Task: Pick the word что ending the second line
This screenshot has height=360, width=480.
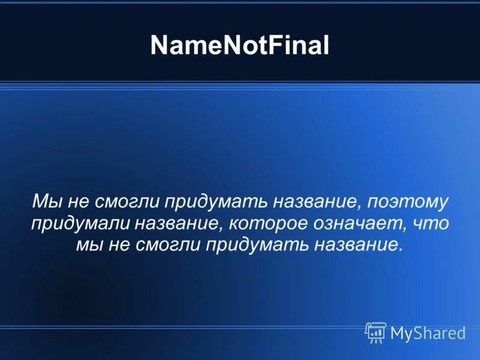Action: pos(431,224)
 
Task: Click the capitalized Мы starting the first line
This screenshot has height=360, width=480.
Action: pos(45,202)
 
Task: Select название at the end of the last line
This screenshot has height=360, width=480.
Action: pos(362,245)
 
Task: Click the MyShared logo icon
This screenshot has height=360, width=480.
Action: pos(375,332)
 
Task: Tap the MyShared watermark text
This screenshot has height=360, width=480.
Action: pos(428,333)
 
